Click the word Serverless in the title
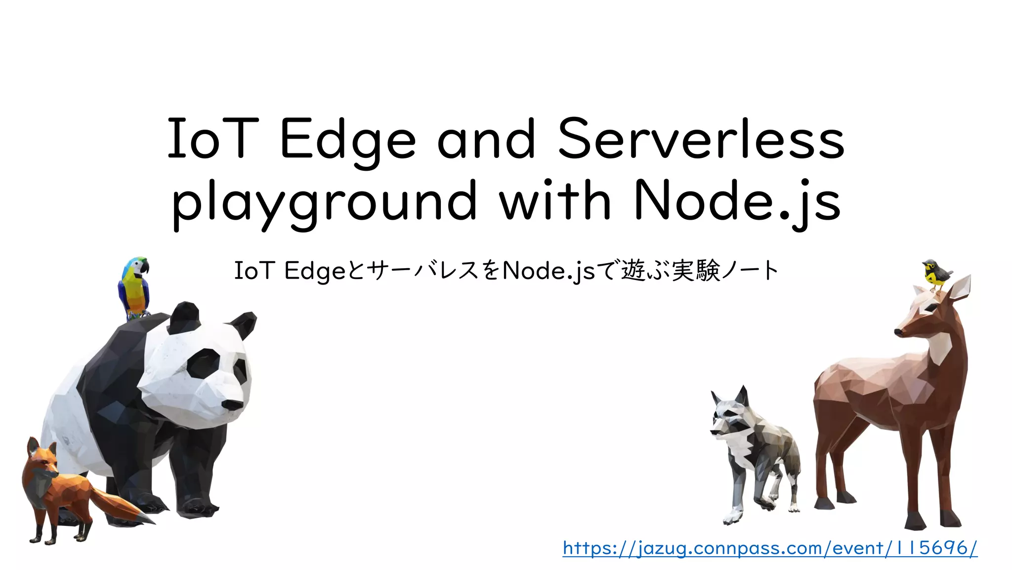pyautogui.click(x=701, y=140)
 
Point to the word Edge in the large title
pyautogui.click(x=348, y=141)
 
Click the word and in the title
pyautogui.click(x=486, y=140)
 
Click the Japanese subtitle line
pyautogui.click(x=506, y=271)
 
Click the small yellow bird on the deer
pyautogui.click(x=935, y=275)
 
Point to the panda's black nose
pyautogui.click(x=232, y=405)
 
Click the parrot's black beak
pyautogui.click(x=144, y=267)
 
